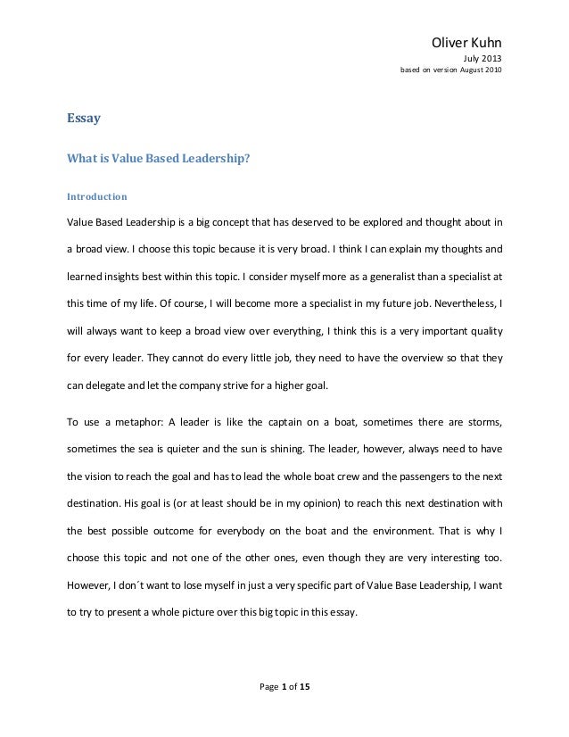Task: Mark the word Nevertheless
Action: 459,303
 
